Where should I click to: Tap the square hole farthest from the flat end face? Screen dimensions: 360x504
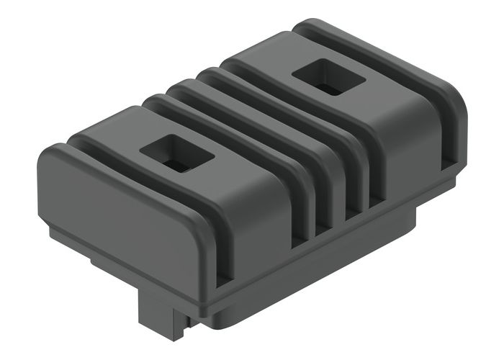click(328, 76)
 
